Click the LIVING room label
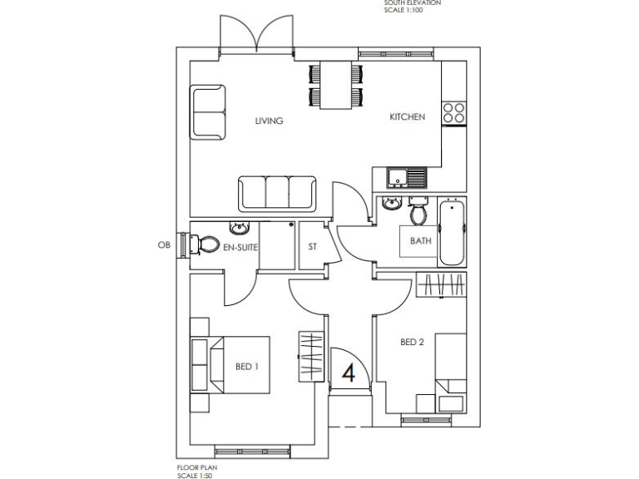point(269,121)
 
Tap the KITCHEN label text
point(408,117)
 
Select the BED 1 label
point(247,367)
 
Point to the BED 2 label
point(412,342)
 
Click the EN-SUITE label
point(240,247)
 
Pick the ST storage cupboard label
point(313,247)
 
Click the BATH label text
point(420,241)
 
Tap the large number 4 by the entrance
point(349,372)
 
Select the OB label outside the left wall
point(163,245)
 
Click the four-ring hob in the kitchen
point(453,112)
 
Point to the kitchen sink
point(405,176)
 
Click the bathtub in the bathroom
point(450,232)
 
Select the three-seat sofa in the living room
point(277,193)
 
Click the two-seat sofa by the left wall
point(209,111)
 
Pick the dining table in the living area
point(335,85)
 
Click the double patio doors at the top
point(258,37)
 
